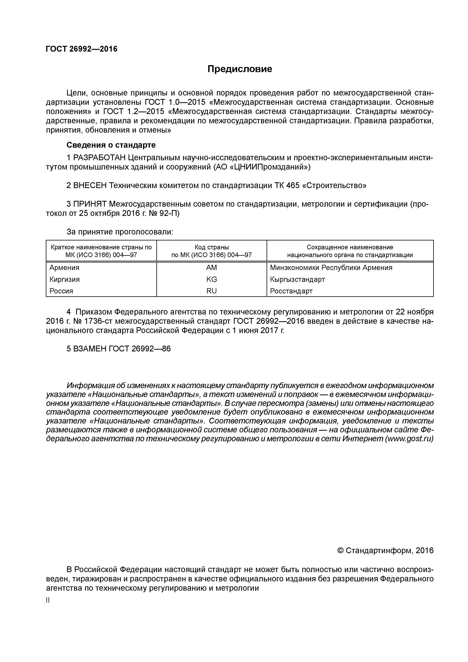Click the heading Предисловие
click(x=240, y=69)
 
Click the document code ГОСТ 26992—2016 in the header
click(x=82, y=49)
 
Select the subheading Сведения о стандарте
click(x=111, y=145)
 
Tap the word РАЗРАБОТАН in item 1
click(x=100, y=158)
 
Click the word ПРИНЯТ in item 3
click(x=90, y=204)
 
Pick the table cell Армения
click(x=64, y=268)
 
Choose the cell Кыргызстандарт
click(x=297, y=279)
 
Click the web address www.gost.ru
click(x=409, y=439)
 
